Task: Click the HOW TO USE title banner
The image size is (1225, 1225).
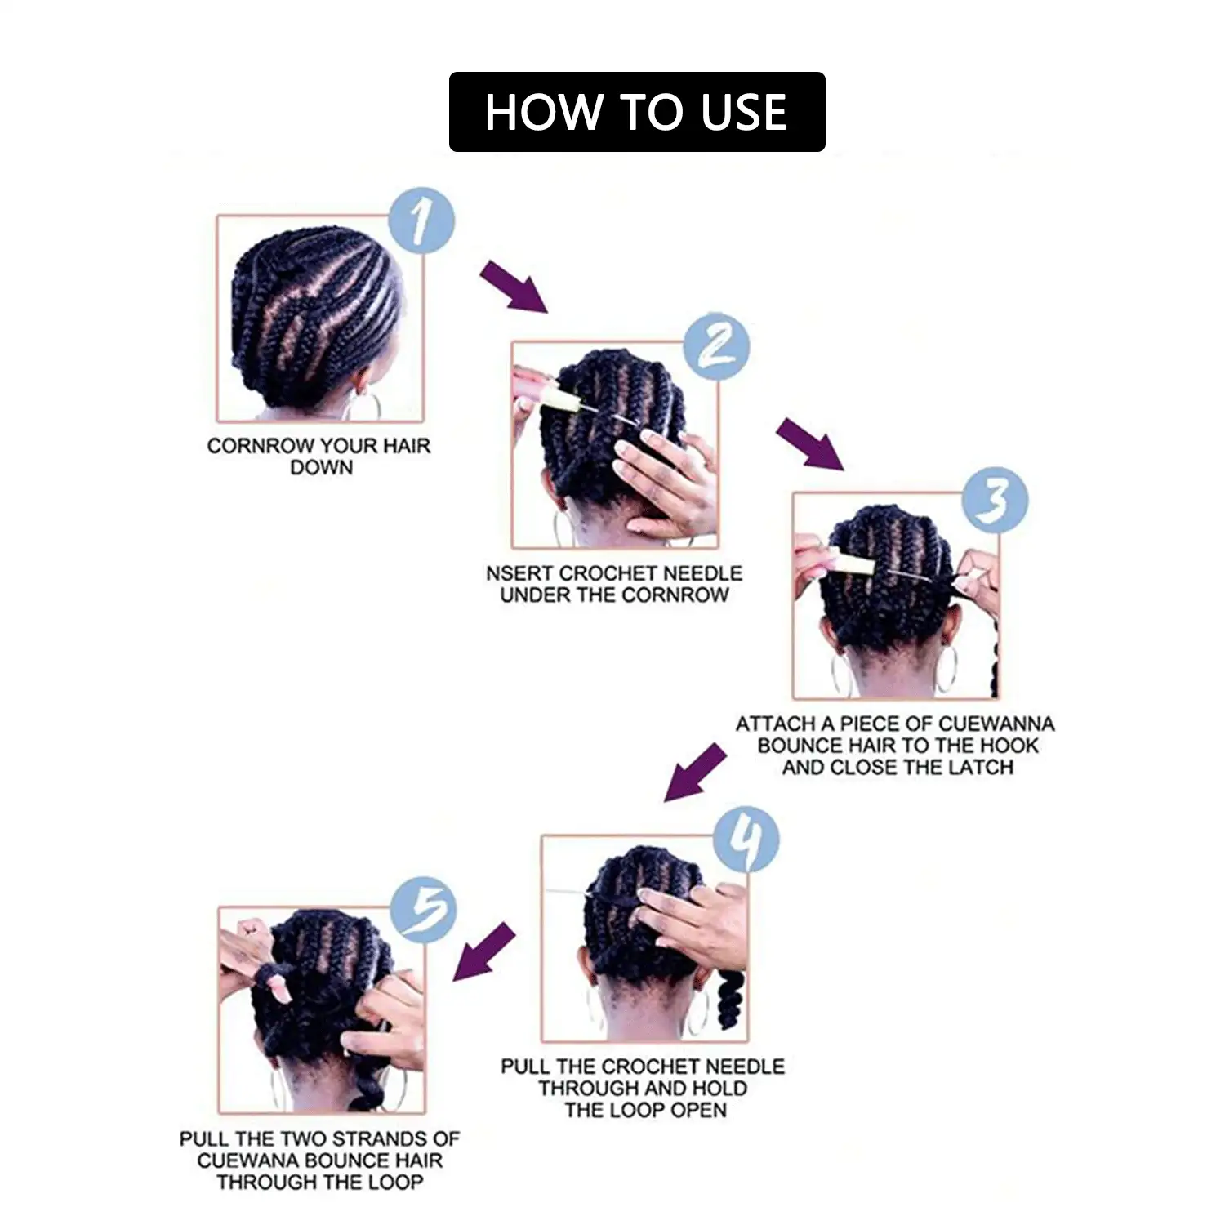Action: tap(637, 112)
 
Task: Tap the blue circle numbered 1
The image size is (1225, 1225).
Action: tap(421, 220)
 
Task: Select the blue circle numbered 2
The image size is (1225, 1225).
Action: tap(716, 346)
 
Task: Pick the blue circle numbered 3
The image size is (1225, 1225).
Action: tap(994, 500)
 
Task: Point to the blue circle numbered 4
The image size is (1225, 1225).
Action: tap(746, 840)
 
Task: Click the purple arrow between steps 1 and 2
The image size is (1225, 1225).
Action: tap(513, 287)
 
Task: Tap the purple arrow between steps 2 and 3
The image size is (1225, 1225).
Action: tap(809, 443)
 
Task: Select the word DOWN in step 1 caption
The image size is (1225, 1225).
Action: tap(321, 468)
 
